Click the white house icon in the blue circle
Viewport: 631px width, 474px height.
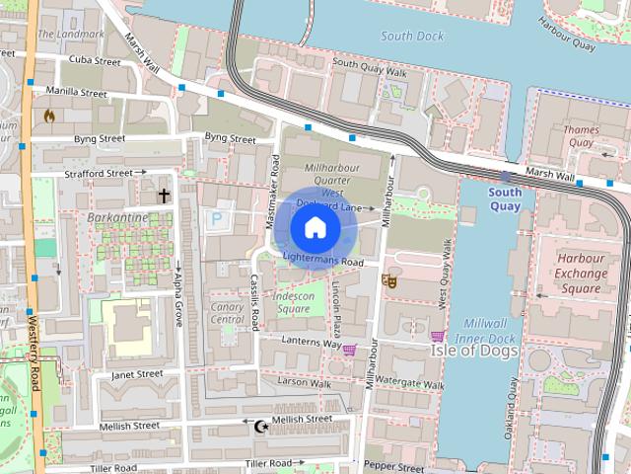click(x=315, y=228)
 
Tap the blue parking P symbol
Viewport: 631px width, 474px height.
click(x=216, y=218)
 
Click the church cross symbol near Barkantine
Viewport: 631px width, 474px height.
click(x=163, y=196)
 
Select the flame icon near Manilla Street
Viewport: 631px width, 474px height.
click(x=49, y=116)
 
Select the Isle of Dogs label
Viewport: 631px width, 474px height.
click(x=473, y=350)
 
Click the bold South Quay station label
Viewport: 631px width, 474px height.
click(x=505, y=199)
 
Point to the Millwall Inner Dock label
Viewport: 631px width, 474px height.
click(x=490, y=331)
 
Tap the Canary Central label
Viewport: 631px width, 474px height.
click(x=227, y=313)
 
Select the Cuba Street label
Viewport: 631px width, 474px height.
click(x=95, y=61)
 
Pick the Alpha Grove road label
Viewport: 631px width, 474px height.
click(x=178, y=301)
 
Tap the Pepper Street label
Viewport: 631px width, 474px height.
click(x=393, y=464)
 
